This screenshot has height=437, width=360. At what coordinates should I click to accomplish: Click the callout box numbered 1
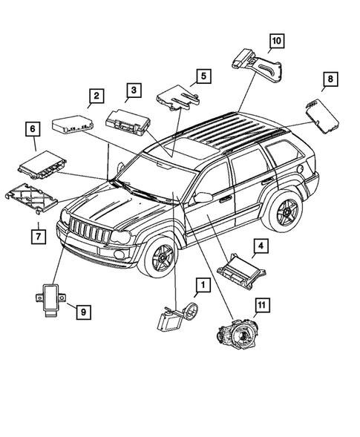[x=201, y=284]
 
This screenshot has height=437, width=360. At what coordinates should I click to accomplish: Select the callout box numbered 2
[x=96, y=96]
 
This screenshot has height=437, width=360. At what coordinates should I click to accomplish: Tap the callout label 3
[x=133, y=91]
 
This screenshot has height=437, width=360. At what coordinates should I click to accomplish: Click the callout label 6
[x=33, y=129]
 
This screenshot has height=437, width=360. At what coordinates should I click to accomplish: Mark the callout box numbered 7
[x=34, y=236]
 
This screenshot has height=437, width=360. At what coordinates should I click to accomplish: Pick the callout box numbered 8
[x=330, y=78]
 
